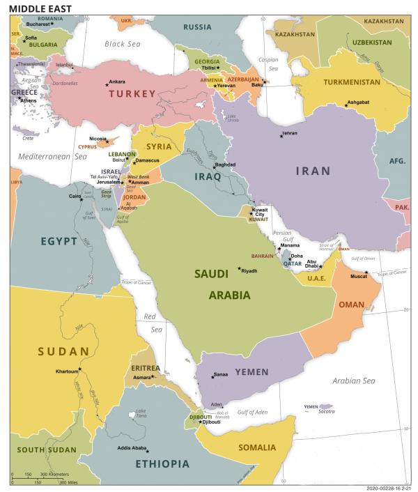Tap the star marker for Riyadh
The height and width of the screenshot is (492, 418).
[x=240, y=269]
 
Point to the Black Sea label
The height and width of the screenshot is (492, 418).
[x=123, y=44]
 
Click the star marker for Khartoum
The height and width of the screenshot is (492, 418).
[x=80, y=369]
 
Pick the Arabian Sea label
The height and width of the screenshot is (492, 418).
[x=353, y=380]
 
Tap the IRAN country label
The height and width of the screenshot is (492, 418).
[x=313, y=171]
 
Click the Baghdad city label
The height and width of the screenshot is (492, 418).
[x=225, y=164]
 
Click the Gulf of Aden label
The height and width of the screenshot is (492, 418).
[x=252, y=413]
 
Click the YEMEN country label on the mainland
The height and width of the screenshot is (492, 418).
[x=251, y=371]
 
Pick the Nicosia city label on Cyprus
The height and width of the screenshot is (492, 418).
[x=98, y=139]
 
